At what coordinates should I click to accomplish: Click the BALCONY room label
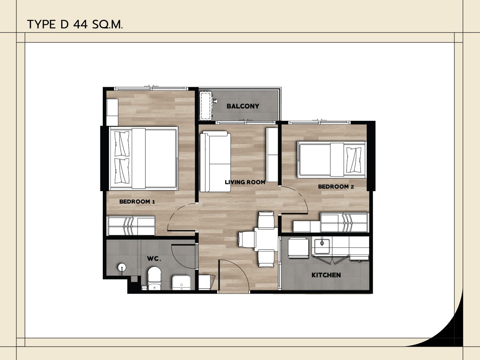[x=243, y=106]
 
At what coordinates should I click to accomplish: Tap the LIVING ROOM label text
[x=245, y=182]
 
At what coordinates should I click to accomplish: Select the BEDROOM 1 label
[x=137, y=202]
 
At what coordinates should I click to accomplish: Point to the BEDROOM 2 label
[x=336, y=187]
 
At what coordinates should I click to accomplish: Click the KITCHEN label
[x=326, y=275]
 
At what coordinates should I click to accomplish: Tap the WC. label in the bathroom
[x=154, y=259]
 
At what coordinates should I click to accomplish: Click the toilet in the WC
[x=154, y=278]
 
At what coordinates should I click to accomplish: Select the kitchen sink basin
[x=322, y=246]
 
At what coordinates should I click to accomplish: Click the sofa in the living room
[x=215, y=162]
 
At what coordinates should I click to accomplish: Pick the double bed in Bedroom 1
[x=144, y=158]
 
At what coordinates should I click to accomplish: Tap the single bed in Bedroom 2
[x=332, y=159]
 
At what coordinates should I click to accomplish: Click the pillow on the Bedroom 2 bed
[x=354, y=159]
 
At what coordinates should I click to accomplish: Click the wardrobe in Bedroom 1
[x=131, y=226]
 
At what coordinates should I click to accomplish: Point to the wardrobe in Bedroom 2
[x=345, y=222]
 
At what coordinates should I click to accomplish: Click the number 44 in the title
[x=81, y=25]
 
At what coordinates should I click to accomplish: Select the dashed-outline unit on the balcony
[x=206, y=106]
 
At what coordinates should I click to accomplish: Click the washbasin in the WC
[x=182, y=283]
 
